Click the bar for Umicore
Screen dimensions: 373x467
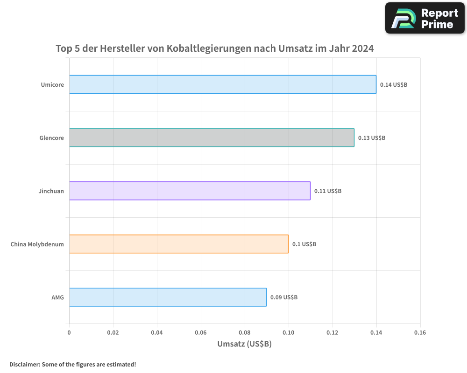[x=223, y=84]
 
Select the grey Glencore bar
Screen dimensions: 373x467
[x=212, y=138]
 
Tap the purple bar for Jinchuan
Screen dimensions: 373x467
[x=190, y=191]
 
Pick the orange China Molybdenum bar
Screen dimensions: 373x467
[x=179, y=244]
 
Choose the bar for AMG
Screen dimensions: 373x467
[x=168, y=297]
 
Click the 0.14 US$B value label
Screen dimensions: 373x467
[x=394, y=85]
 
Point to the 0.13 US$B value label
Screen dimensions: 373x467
[x=372, y=138]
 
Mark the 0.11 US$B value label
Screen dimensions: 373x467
[x=328, y=191]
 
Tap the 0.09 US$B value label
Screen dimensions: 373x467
[x=284, y=297]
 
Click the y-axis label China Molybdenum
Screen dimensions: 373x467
[x=37, y=244]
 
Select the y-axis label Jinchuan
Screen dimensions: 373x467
[x=51, y=191]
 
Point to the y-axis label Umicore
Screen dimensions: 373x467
[x=52, y=85]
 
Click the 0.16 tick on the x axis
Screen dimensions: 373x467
[x=420, y=333]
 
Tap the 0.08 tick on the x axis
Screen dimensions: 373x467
[x=244, y=333]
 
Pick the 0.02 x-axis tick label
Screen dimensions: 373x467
[x=113, y=333]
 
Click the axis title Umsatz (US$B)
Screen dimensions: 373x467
[x=244, y=344]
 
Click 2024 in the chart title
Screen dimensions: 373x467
[x=363, y=48]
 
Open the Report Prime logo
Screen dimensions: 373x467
[x=425, y=18]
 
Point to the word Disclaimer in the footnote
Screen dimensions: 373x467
[x=24, y=364]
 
